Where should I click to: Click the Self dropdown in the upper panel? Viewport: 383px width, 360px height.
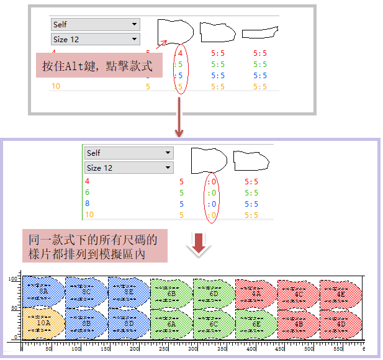coord(95,24)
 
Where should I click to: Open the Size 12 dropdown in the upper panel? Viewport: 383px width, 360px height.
coord(95,39)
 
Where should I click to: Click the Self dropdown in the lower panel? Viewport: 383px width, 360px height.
coord(128,153)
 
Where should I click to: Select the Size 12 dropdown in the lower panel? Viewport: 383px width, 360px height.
coord(128,168)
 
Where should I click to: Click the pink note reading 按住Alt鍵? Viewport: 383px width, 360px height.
coord(99,65)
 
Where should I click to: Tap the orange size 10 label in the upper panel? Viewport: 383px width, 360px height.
coord(56,86)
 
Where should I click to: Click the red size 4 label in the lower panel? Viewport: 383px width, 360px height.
coord(88,181)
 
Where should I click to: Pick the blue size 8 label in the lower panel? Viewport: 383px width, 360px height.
coord(88,204)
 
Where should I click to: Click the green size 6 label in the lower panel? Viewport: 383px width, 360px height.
coord(88,192)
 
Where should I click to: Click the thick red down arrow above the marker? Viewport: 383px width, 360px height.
coord(199,243)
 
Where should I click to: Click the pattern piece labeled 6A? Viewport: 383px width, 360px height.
coord(171,323)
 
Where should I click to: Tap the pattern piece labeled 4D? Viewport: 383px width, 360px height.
coord(341,323)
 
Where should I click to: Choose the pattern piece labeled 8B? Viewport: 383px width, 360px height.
coord(86,323)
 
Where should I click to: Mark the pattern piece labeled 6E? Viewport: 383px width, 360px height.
coord(256,323)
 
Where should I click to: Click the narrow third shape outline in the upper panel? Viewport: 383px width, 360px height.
coord(259,32)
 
